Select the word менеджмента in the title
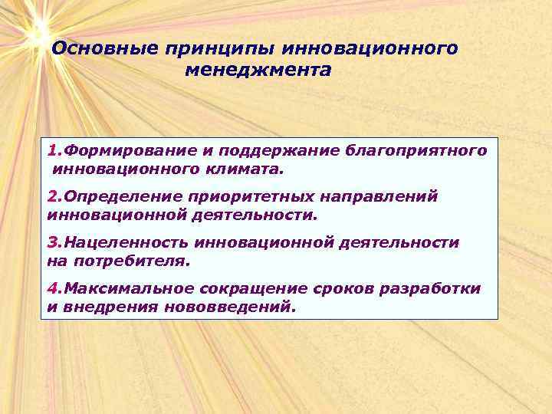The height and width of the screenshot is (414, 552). pyautogui.click(x=258, y=71)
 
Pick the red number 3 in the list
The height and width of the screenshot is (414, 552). pyautogui.click(x=51, y=243)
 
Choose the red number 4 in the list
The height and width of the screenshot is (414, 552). pyautogui.click(x=51, y=289)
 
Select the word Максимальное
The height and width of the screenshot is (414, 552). pyautogui.click(x=126, y=289)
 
